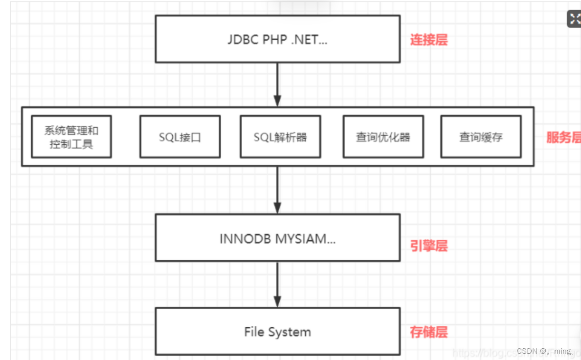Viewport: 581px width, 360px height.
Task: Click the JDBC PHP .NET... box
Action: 277,39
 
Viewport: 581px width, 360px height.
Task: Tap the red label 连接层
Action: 428,40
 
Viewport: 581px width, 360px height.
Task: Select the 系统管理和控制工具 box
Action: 71,136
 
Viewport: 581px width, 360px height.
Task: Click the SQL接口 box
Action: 180,136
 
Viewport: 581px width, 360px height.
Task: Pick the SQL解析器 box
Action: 280,136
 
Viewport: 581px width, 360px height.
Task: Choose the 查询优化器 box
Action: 383,136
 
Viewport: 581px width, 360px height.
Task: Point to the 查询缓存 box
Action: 481,136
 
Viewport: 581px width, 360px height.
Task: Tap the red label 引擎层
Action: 428,246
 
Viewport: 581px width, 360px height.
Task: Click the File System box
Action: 277,332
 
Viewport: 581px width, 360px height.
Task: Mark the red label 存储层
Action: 428,332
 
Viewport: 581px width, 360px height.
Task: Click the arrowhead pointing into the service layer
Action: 277,101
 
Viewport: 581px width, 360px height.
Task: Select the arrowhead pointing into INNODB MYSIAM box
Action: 277,208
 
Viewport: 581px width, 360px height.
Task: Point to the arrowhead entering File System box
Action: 277,302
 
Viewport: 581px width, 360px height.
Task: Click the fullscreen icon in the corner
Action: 574,19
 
